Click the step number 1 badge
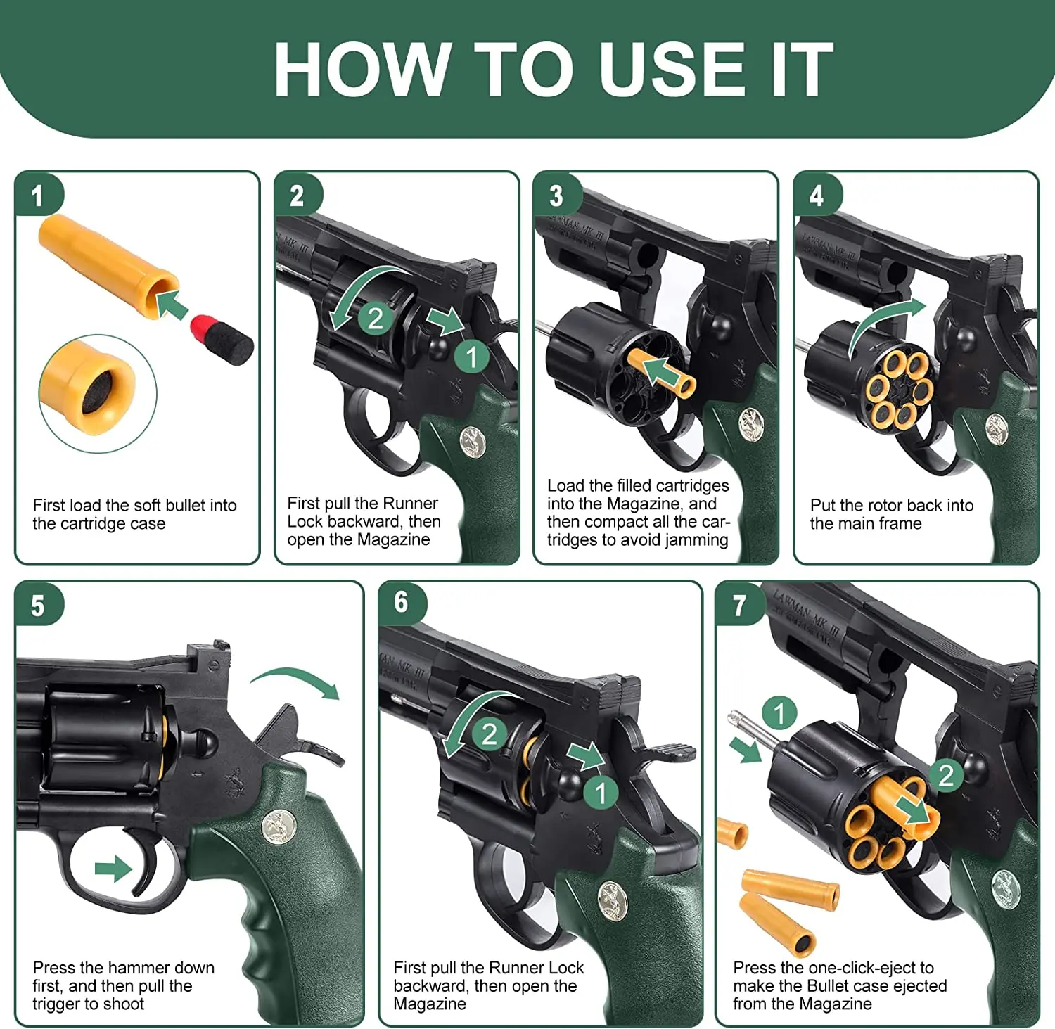38,195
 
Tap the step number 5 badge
38,605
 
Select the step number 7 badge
739,605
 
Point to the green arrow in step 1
172,305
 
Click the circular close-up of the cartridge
98,393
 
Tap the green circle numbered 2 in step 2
376,318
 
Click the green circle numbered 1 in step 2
472,357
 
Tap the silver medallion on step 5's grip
279,826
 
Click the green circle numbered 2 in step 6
490,734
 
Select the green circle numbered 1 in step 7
779,713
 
